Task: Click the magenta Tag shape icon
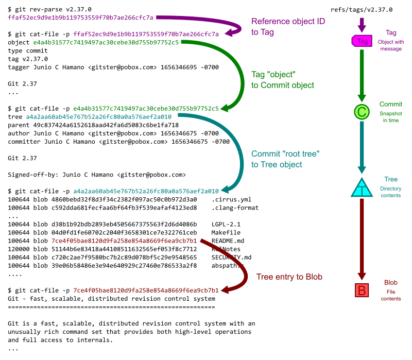362,41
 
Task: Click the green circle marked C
362,112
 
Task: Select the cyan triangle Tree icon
362,188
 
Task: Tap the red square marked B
362,290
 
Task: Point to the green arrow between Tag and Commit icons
362,75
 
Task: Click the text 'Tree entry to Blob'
289,277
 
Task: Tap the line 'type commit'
29,50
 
